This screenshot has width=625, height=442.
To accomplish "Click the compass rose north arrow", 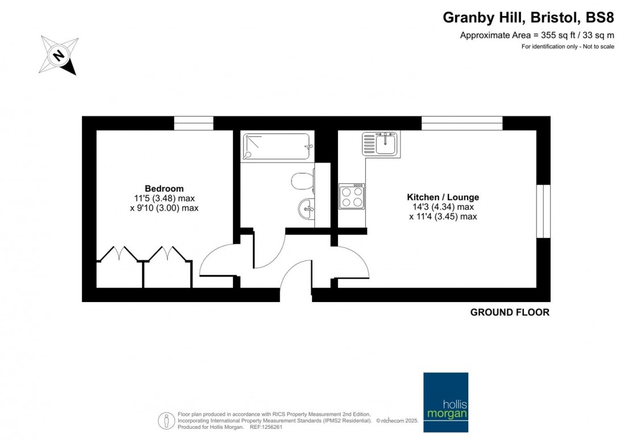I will tap(59, 56).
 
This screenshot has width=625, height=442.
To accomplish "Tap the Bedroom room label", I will tap(164, 188).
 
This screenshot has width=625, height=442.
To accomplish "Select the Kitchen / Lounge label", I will tap(443, 197).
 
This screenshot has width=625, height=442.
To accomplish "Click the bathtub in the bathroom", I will tap(277, 146).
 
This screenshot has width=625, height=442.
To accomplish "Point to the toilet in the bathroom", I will tap(303, 181).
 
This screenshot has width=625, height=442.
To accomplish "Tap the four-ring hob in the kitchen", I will tap(352, 196).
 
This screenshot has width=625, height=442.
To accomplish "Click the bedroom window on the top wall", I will tap(194, 123).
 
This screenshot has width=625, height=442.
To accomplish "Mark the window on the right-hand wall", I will tap(544, 211).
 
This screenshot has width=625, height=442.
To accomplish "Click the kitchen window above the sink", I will tap(462, 123).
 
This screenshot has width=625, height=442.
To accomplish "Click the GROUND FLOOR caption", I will tap(510, 312).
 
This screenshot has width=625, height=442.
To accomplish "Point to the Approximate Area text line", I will tap(537, 35).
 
